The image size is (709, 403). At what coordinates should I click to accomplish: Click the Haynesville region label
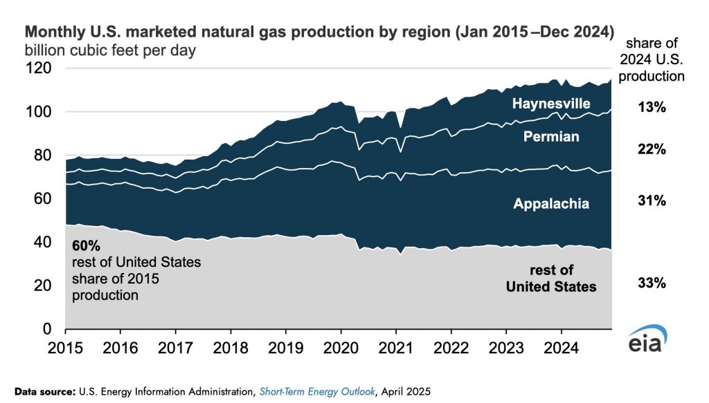pos(551,104)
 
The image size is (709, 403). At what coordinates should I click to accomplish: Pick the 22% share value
pos(652,150)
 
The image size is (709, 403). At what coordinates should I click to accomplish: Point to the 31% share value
pos(652,201)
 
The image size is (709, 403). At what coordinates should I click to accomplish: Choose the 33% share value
pos(652,283)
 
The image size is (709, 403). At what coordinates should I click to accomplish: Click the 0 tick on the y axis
pos(48,328)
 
